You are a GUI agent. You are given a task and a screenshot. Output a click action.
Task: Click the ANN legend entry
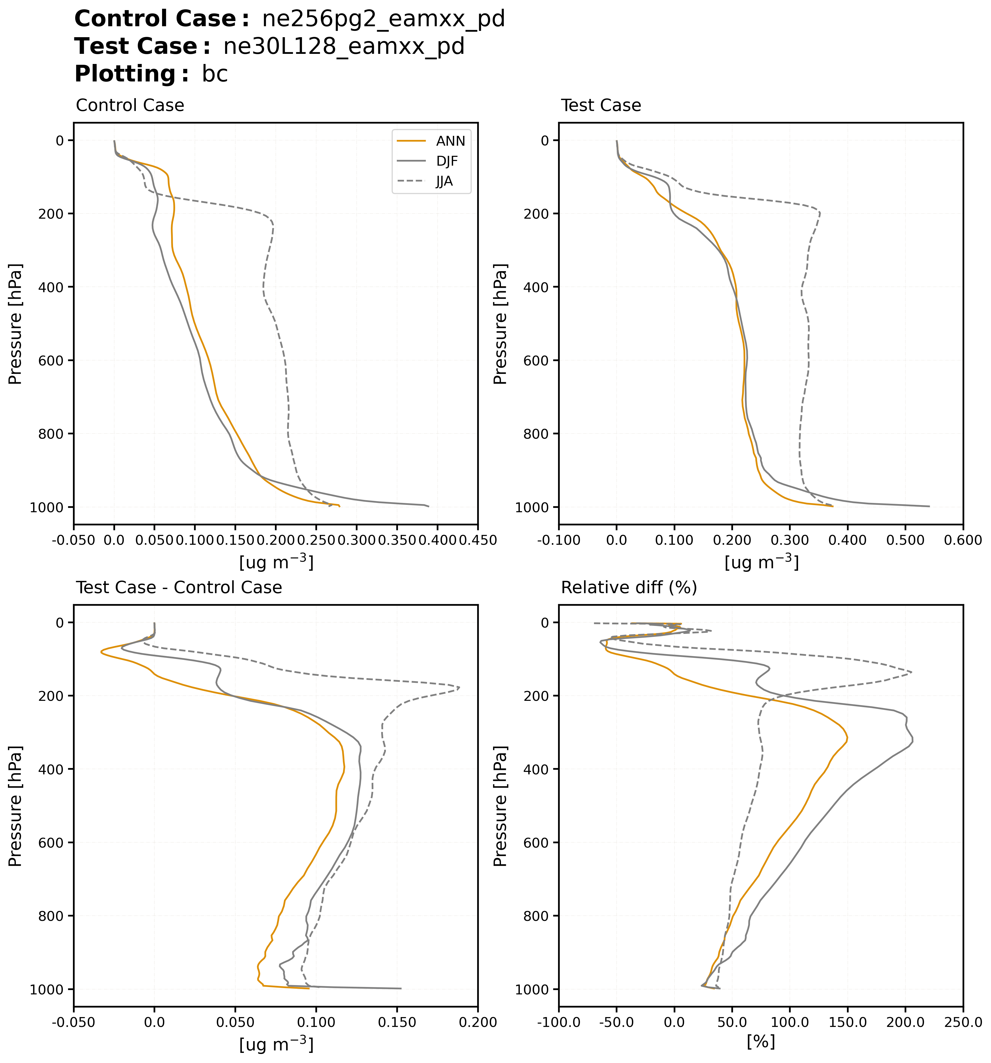click(450, 141)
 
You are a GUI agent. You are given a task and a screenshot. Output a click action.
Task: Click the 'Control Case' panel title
click(130, 105)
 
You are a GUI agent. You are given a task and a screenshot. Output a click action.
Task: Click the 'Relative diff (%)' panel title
click(629, 588)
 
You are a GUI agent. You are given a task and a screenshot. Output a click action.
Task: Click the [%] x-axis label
click(761, 1042)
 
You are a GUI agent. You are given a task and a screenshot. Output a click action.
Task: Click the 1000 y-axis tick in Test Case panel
click(530, 507)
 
